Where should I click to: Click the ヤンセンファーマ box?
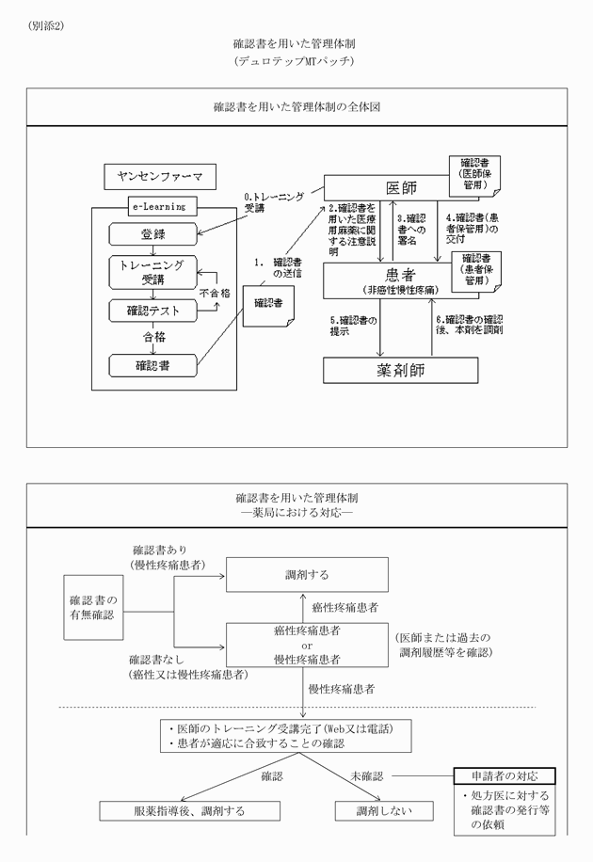tap(161, 176)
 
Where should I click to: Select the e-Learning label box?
tap(157, 205)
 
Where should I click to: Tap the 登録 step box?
tap(153, 233)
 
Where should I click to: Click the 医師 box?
tap(386, 186)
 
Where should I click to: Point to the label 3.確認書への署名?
tap(413, 230)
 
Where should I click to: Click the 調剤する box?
tap(307, 574)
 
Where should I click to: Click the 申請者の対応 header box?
tap(505, 776)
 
